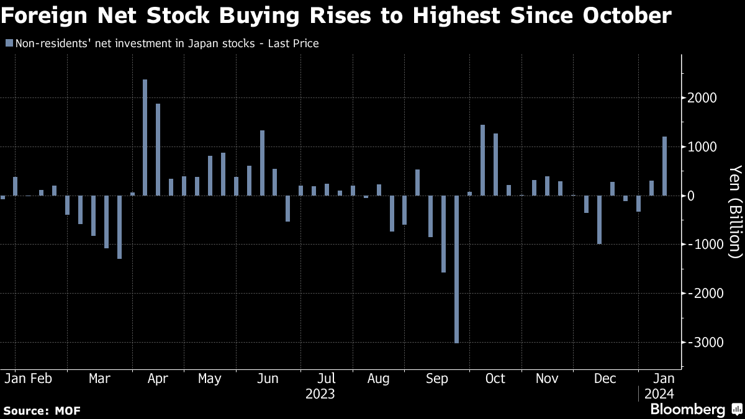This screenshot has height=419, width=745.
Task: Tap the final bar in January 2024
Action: point(664,166)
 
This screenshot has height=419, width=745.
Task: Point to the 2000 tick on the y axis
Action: point(702,98)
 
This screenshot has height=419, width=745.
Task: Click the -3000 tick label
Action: point(699,343)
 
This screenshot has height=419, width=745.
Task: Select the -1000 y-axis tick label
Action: point(699,245)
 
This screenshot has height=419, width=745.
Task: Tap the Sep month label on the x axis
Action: point(438,378)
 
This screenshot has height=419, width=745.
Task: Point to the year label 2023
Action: point(320,394)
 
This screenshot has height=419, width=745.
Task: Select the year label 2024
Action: point(658,394)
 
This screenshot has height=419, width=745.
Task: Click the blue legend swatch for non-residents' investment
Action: point(8,43)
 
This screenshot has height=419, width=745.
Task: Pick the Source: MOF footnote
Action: point(42,410)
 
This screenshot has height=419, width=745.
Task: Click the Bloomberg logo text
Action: point(687,409)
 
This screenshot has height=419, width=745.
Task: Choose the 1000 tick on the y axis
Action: point(702,147)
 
